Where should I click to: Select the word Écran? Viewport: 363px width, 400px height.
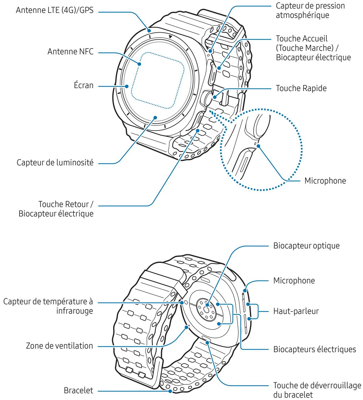(x=83, y=86)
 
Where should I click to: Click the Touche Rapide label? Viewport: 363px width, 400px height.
(x=301, y=88)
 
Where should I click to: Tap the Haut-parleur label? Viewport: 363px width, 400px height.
(x=296, y=311)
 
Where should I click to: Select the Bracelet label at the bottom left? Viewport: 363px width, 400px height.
(x=79, y=391)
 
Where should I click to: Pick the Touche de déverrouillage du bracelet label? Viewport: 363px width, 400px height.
(x=317, y=389)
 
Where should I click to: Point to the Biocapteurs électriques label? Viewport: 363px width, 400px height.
(x=315, y=349)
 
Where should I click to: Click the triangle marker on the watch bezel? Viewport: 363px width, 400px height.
(x=170, y=37)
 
